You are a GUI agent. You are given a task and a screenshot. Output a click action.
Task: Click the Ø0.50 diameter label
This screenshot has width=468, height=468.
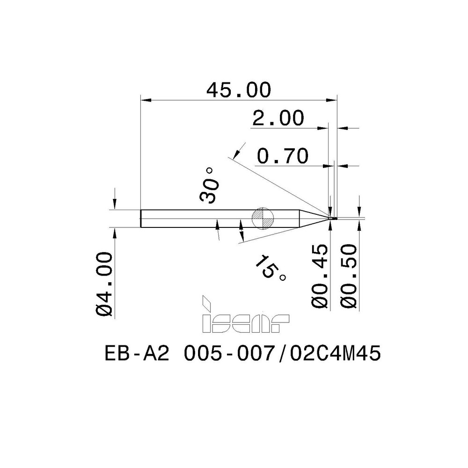pyautogui.click(x=350, y=276)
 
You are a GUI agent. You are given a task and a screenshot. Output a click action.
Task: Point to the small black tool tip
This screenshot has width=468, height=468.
pyautogui.click(x=333, y=218)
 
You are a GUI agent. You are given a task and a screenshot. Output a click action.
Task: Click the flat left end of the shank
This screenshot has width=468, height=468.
pyautogui.click(x=141, y=218)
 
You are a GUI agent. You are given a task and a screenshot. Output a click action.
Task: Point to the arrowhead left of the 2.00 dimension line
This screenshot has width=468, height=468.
pyautogui.click(x=325, y=127)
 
